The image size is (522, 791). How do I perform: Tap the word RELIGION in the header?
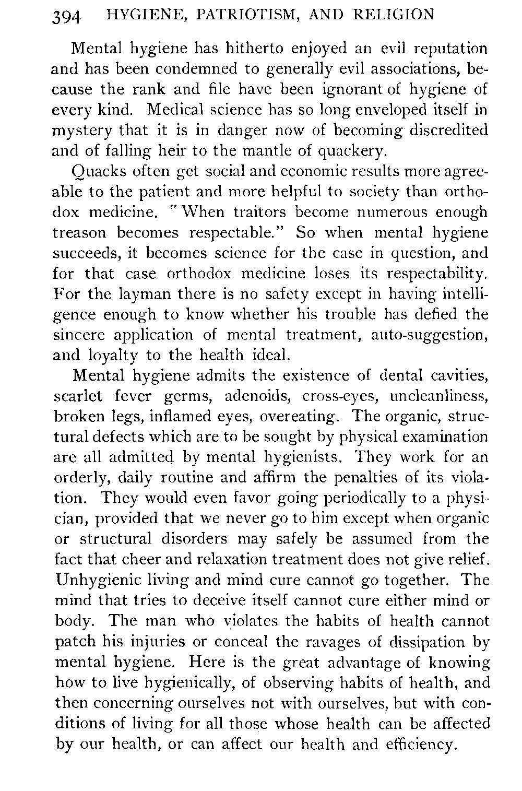[x=397, y=15]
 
